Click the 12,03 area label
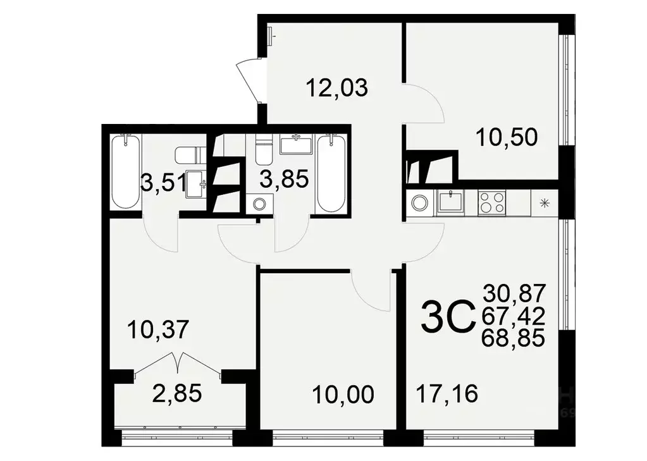click(336, 87)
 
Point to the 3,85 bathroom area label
click(284, 179)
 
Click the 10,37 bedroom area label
click(158, 329)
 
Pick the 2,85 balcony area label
click(177, 393)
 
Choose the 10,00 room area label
click(343, 395)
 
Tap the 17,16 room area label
click(447, 394)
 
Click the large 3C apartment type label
click(448, 316)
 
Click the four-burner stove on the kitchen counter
click(491, 203)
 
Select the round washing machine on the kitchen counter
click(419, 203)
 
